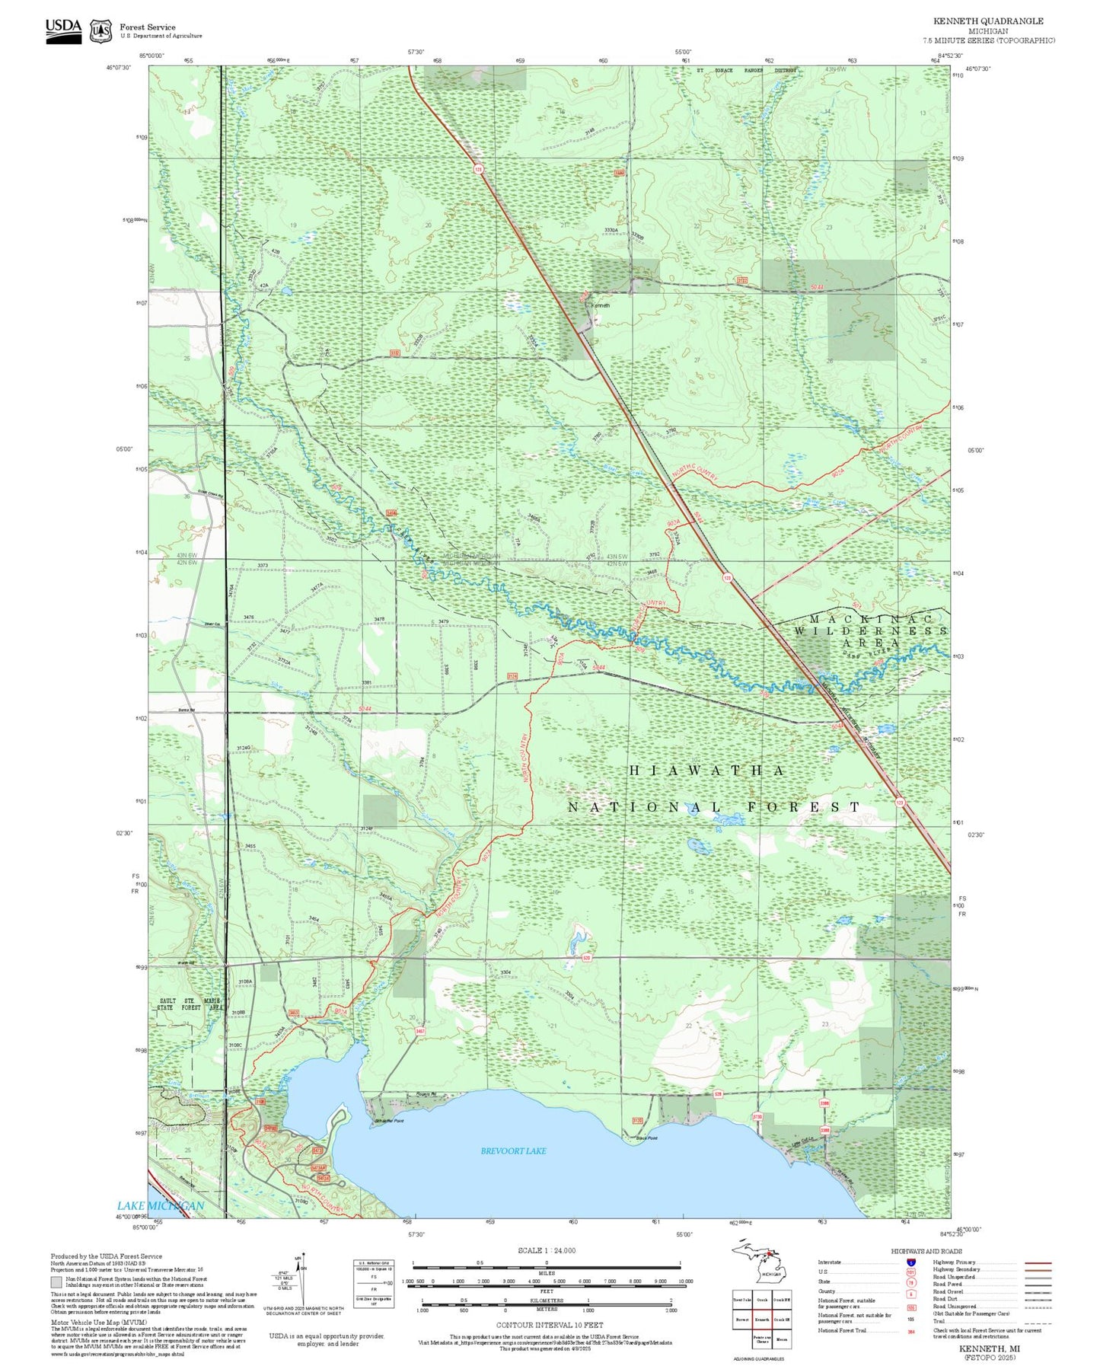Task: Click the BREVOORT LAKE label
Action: (x=513, y=1151)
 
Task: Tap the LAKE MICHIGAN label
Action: (x=161, y=1205)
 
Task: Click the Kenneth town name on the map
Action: (x=601, y=305)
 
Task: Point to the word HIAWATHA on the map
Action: (x=706, y=771)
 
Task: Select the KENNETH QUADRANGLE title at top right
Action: (x=988, y=21)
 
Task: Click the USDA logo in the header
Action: (x=63, y=30)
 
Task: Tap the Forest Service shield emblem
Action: (x=100, y=31)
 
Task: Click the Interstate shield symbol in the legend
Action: (x=911, y=1262)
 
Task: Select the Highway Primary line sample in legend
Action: (x=1038, y=1262)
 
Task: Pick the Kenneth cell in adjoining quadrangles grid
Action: (x=761, y=1319)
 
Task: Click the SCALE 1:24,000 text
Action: (x=547, y=1250)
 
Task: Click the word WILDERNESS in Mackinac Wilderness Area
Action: (x=870, y=631)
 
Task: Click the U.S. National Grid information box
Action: (x=374, y=1283)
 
